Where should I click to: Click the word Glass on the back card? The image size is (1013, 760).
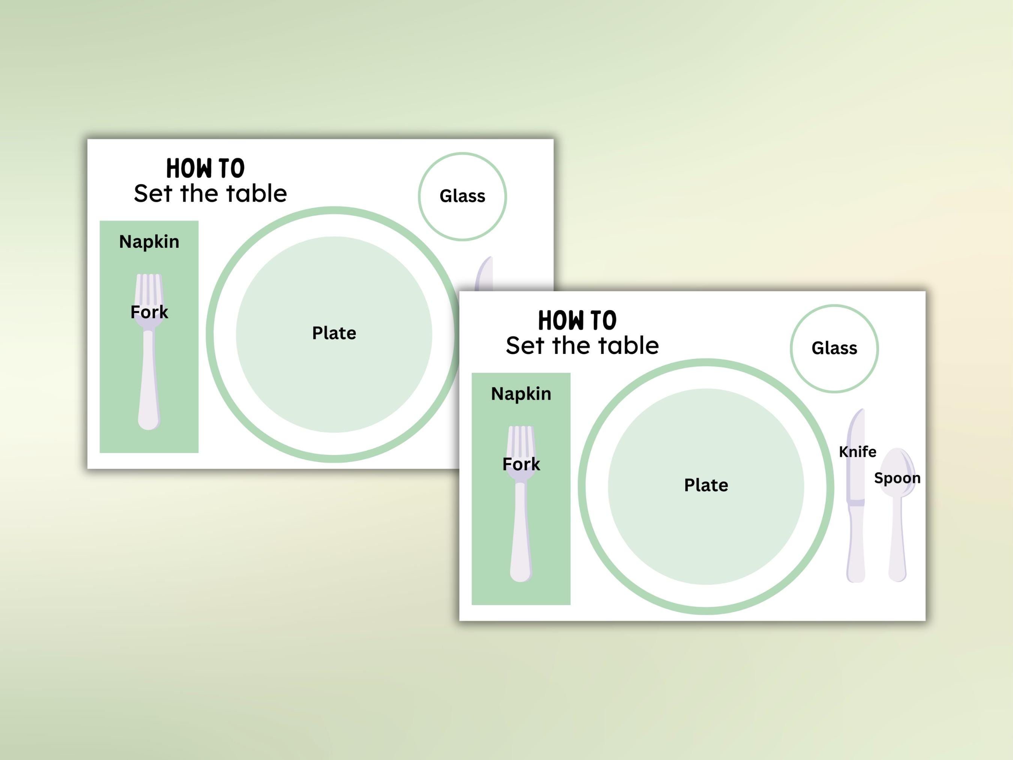(x=462, y=196)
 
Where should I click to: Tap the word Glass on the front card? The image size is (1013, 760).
(x=834, y=348)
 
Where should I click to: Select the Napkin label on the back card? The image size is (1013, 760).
(x=149, y=242)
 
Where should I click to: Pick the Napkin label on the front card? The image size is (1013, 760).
(x=521, y=394)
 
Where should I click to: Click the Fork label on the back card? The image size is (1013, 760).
(x=149, y=312)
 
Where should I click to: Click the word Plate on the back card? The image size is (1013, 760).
(x=334, y=333)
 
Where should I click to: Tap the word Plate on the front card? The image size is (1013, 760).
(x=706, y=485)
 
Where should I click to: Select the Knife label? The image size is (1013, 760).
(x=857, y=452)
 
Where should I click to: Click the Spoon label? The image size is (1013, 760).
(x=897, y=478)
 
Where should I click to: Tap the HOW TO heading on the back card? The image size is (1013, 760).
(x=205, y=169)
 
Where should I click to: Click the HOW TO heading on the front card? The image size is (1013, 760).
(x=577, y=321)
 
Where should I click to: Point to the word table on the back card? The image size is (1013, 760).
(x=257, y=193)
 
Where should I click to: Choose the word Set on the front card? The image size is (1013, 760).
(x=525, y=346)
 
